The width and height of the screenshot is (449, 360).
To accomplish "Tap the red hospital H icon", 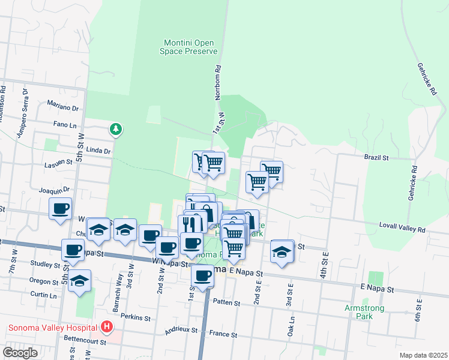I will (106, 327).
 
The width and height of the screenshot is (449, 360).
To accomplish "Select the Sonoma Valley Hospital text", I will (53, 328).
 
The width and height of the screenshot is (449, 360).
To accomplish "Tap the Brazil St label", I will (377, 158).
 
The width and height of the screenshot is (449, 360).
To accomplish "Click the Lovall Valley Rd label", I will (402, 229).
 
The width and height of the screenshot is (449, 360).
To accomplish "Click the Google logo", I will (20, 352).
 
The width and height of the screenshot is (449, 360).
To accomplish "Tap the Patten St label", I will (226, 303).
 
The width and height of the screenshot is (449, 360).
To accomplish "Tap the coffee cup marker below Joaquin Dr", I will (60, 208).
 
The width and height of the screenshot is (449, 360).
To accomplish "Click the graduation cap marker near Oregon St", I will (79, 281).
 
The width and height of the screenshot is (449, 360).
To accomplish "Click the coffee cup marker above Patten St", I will (203, 275).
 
